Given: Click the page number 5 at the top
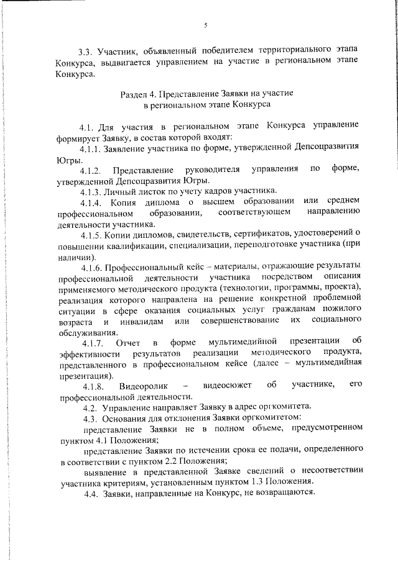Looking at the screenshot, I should pyautogui.click(x=205, y=25).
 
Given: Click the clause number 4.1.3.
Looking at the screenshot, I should pyautogui.click(x=91, y=190).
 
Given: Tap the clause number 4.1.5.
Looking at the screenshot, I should pyautogui.click(x=91, y=232).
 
